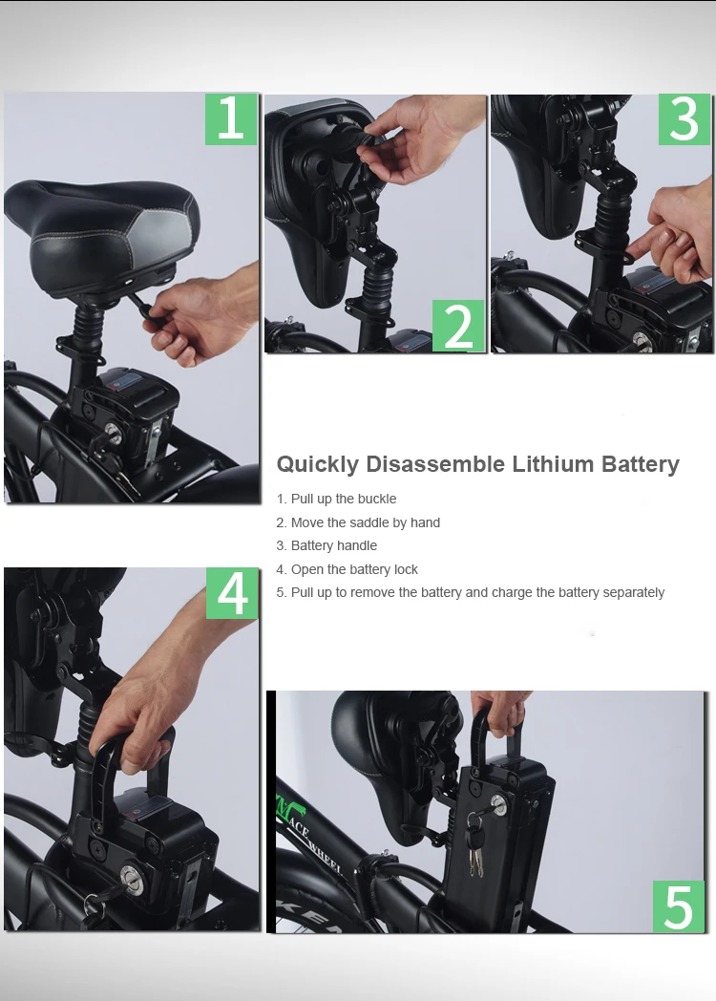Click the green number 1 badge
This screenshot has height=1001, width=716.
point(231,118)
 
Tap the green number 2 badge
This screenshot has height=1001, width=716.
point(458,326)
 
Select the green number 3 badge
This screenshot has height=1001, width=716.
point(684,119)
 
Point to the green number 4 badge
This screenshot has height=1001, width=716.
point(232,593)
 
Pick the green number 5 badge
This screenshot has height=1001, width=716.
point(678,906)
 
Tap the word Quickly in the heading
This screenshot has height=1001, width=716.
point(318,464)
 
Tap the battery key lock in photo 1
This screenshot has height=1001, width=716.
point(113,432)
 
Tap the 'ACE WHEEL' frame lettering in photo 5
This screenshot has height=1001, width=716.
point(319,841)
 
